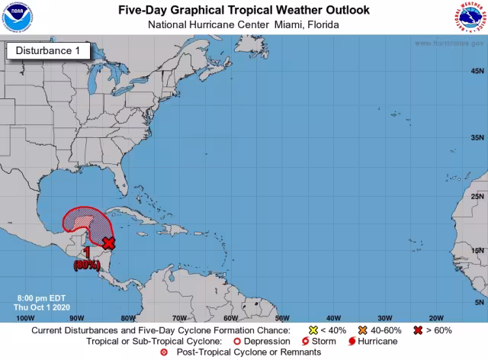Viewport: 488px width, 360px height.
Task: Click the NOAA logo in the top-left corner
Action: coord(18,18)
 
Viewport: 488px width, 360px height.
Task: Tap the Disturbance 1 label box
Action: coord(48,51)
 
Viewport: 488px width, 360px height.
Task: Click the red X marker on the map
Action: coord(109,243)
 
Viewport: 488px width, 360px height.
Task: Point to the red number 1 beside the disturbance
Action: coord(88,252)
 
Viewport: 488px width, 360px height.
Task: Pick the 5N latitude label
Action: coord(478,302)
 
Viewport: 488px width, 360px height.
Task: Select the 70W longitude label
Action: coord(179,317)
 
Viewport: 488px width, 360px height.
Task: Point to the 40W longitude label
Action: coord(334,317)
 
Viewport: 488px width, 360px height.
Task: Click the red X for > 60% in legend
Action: coord(418,330)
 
